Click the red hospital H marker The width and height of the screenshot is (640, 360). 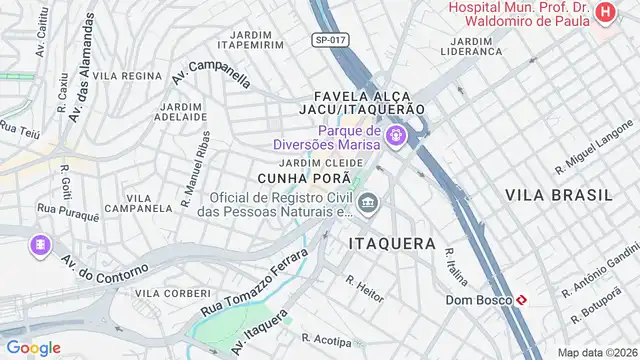point(605,12)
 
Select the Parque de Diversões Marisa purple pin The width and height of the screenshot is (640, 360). point(398,134)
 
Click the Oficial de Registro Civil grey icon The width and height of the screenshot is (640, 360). point(369,204)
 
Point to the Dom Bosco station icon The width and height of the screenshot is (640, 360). point(522,299)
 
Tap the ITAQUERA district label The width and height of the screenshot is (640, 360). point(392,243)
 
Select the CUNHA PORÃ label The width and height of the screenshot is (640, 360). point(296,178)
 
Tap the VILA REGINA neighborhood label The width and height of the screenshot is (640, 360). point(127,76)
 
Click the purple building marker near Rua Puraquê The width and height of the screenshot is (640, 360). point(40,244)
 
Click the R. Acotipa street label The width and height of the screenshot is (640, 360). point(327,340)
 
